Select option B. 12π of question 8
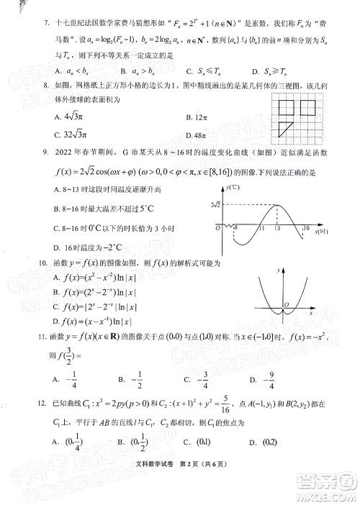tap(196, 118)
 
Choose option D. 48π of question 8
tap(196, 135)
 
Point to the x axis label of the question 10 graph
tap(310, 314)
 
